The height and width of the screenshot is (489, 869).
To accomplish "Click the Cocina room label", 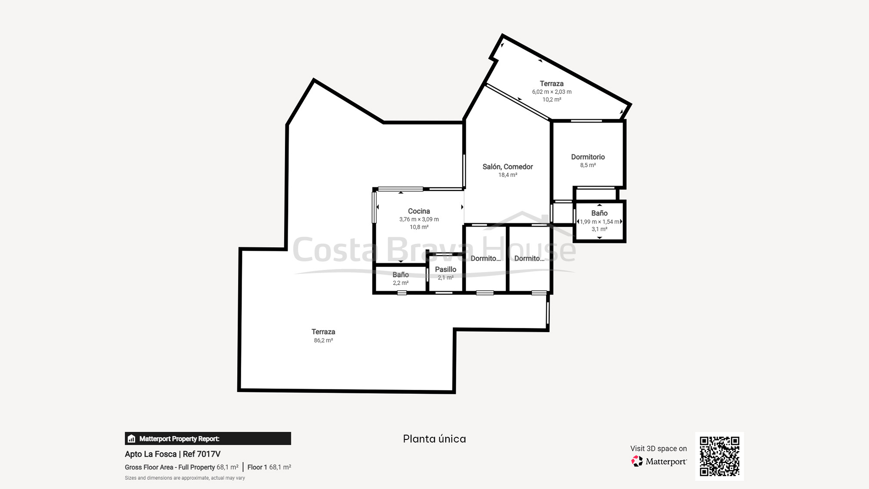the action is click(419, 211).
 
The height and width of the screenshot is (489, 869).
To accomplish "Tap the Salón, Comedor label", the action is click(507, 167).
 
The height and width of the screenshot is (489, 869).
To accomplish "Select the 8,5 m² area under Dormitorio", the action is click(588, 165).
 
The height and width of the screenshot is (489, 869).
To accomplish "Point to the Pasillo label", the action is click(445, 269).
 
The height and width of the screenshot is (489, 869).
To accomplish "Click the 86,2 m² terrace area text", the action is click(323, 340).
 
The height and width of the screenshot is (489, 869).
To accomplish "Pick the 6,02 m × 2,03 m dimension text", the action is click(552, 92).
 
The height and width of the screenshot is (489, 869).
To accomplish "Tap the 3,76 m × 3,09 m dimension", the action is click(419, 220).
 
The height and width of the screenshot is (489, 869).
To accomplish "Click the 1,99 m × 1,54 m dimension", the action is click(600, 222).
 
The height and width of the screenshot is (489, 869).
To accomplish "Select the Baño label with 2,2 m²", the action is click(401, 275).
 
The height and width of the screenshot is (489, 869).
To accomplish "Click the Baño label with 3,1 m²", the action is click(599, 213).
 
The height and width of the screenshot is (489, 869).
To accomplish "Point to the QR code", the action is click(720, 456).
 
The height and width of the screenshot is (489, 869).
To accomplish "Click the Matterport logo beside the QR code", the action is click(659, 461).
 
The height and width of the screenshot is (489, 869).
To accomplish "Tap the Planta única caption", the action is click(434, 439).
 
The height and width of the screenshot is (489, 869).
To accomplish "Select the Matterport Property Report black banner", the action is click(208, 439).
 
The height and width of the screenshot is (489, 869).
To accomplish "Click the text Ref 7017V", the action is click(202, 454).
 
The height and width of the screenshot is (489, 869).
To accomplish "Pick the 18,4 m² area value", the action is click(507, 175).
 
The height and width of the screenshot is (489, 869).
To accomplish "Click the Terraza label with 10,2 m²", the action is click(551, 83).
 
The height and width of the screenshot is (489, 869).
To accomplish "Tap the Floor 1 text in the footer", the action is click(257, 467).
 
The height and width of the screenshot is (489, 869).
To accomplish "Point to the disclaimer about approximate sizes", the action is click(185, 478).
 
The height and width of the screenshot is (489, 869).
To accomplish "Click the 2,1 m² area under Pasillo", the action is click(445, 278).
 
